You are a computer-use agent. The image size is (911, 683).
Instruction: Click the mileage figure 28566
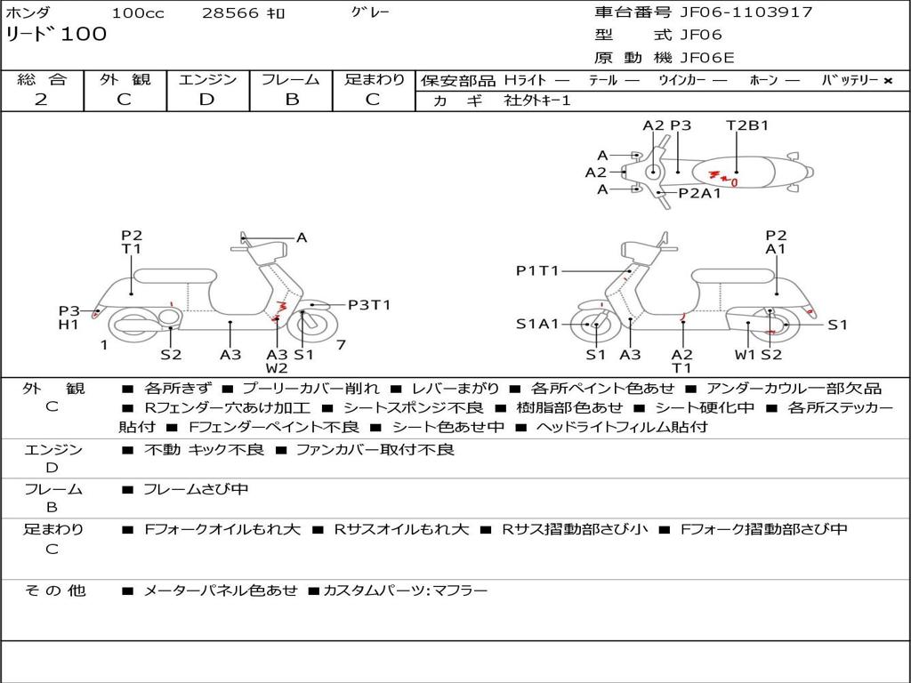(x=231, y=13)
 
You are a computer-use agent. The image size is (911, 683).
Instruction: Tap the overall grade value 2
(x=41, y=100)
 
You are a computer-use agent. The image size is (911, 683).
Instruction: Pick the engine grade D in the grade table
(x=206, y=100)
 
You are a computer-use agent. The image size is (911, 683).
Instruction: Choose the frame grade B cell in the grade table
(x=291, y=100)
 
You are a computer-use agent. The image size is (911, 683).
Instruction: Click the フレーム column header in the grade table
(x=291, y=80)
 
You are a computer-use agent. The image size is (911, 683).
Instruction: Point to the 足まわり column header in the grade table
(x=375, y=80)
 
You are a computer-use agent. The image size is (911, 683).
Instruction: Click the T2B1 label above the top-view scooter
(x=747, y=125)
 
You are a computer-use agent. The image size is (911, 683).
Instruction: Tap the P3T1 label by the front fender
(x=369, y=305)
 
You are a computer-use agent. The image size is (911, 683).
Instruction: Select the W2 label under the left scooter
(x=277, y=367)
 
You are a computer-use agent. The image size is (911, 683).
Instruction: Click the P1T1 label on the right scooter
(x=537, y=270)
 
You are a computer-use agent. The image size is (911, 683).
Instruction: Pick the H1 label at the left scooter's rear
(x=69, y=325)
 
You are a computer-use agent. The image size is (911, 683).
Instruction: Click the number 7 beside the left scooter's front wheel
(x=341, y=344)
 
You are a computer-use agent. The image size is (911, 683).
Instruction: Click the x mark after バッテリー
(x=887, y=81)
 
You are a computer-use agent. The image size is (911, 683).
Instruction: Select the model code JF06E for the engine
(x=707, y=58)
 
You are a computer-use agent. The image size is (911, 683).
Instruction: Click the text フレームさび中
(x=196, y=489)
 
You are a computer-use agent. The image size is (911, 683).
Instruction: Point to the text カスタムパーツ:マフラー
(x=406, y=590)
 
